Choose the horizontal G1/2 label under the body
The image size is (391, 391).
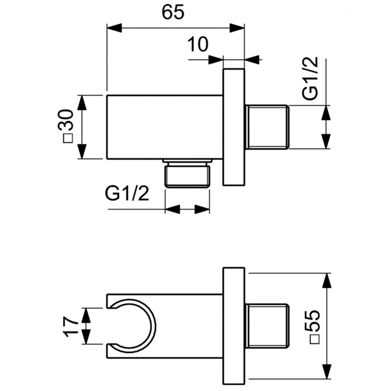[x=127, y=194]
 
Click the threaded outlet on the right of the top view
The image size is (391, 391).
[x=266, y=127]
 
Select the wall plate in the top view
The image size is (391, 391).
[x=234, y=127]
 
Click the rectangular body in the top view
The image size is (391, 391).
[x=165, y=127]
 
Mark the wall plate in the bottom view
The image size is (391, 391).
[x=234, y=326]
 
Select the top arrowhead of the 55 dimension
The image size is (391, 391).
[x=327, y=279]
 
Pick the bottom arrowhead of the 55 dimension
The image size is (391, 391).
[x=327, y=372]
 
